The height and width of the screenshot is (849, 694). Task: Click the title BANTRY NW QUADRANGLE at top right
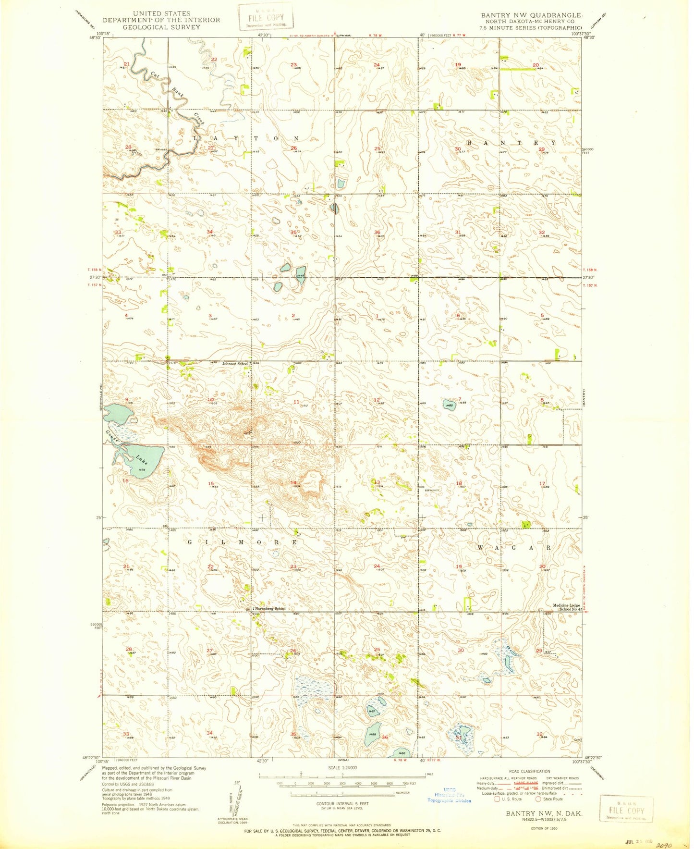pyautogui.click(x=532, y=15)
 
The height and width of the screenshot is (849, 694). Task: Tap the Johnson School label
pyautogui.click(x=235, y=364)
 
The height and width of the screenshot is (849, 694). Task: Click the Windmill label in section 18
pyautogui.click(x=433, y=490)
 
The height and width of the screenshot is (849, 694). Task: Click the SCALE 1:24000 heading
pyautogui.click(x=342, y=767)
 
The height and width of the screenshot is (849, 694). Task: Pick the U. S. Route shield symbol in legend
pyautogui.click(x=497, y=800)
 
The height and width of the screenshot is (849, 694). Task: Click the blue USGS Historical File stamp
pyautogui.click(x=450, y=795)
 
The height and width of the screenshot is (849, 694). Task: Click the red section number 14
pyautogui.click(x=293, y=482)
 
